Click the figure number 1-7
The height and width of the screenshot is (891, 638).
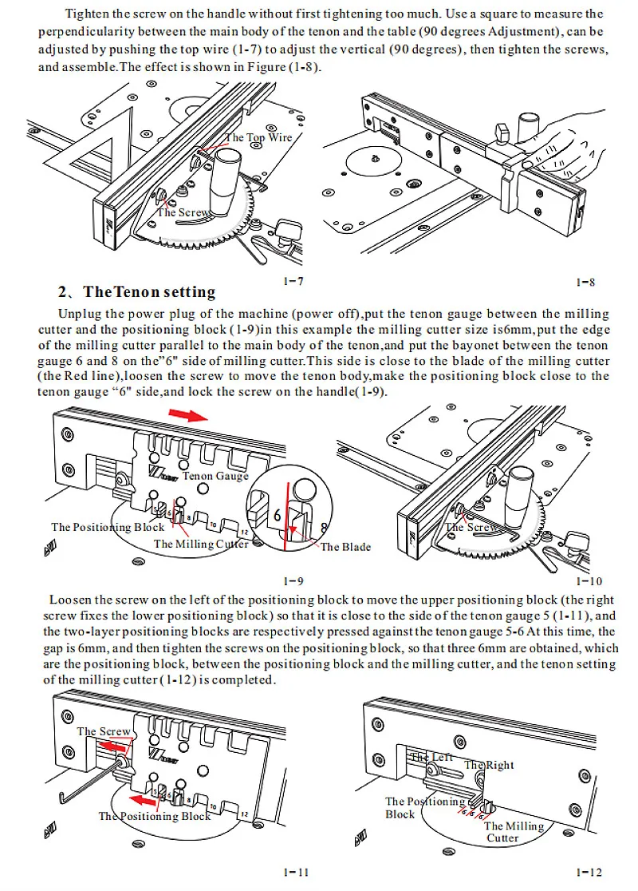coord(293,282)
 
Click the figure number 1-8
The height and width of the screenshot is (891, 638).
coord(585,282)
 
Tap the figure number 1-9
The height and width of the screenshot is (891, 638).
coord(293,581)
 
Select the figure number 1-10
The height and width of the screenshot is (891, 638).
coord(588,581)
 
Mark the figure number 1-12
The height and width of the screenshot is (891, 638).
coord(588,873)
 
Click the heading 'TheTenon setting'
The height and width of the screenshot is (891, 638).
coord(137,292)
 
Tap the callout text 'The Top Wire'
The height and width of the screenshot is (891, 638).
coord(259,137)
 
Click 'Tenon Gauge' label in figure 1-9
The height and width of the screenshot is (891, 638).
coord(215,476)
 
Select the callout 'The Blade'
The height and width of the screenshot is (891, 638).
coord(345,547)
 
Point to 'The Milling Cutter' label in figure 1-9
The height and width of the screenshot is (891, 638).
coord(201,544)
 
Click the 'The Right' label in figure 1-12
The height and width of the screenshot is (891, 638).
coord(490,765)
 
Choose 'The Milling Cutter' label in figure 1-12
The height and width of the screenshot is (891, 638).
coord(514,832)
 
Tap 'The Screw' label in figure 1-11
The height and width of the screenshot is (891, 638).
coord(104,731)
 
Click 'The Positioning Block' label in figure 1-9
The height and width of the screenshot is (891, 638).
coord(108,527)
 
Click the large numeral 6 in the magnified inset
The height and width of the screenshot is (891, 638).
coord(277,515)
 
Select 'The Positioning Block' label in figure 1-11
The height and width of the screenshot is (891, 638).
coord(155,816)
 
